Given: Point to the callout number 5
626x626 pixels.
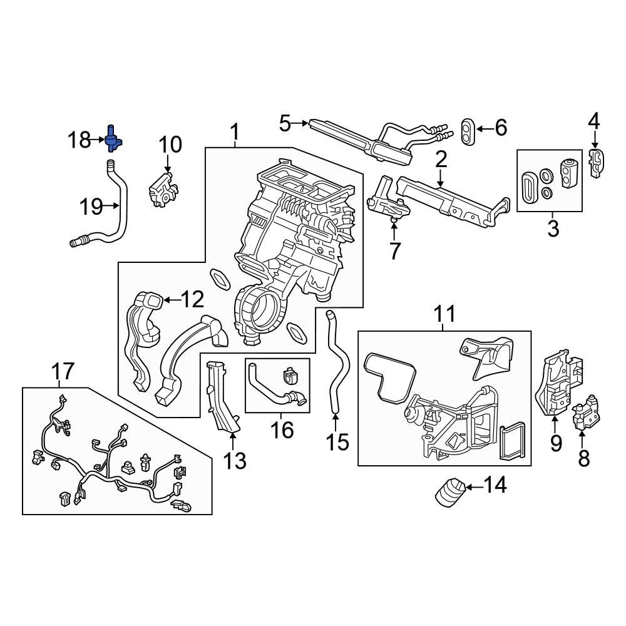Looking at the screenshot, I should click(285, 123).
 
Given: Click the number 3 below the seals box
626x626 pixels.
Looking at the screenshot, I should click(553, 228).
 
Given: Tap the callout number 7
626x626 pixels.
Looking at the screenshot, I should click(394, 250).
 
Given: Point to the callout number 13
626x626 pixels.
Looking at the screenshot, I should click(235, 461).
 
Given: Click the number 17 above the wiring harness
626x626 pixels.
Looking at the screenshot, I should click(63, 371).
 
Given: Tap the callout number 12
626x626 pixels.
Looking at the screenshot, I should click(192, 300).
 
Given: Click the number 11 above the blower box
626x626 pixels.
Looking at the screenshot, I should click(444, 314).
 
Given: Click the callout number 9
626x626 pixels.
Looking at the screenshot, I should click(556, 443).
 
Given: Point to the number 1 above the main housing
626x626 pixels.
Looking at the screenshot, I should click(235, 132).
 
